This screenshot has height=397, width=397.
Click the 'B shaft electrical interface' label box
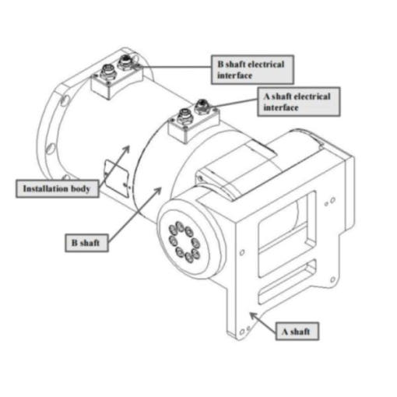point(252,69)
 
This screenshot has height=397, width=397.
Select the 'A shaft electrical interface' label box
point(299,102)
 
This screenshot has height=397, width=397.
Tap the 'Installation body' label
point(57,188)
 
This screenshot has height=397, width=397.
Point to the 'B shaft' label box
point(86,243)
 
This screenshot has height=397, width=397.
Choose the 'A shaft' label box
point(297,332)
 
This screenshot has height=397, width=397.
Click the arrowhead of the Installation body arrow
point(126,149)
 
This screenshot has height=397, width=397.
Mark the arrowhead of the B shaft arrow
point(158,191)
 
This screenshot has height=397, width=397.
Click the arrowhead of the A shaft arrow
point(253,316)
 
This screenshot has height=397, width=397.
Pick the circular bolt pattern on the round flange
point(184,242)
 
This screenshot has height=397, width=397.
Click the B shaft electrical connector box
point(117,76)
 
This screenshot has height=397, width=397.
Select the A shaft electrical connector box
point(194,121)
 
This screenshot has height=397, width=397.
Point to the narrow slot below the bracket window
point(287,282)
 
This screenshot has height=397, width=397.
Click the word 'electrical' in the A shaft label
point(313,97)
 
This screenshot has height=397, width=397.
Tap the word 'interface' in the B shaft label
point(235,76)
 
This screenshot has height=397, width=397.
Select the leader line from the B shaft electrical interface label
point(175,67)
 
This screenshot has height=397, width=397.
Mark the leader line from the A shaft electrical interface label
point(235,103)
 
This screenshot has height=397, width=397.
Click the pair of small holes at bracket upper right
point(330,202)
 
